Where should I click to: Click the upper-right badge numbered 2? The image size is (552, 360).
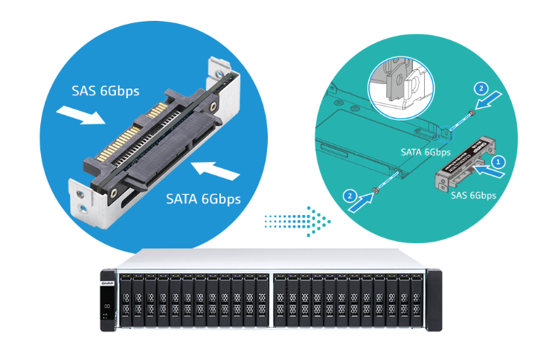click(481, 88)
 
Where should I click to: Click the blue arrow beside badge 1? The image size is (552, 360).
click(492, 173)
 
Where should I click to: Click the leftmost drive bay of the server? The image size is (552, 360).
click(126, 300)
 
